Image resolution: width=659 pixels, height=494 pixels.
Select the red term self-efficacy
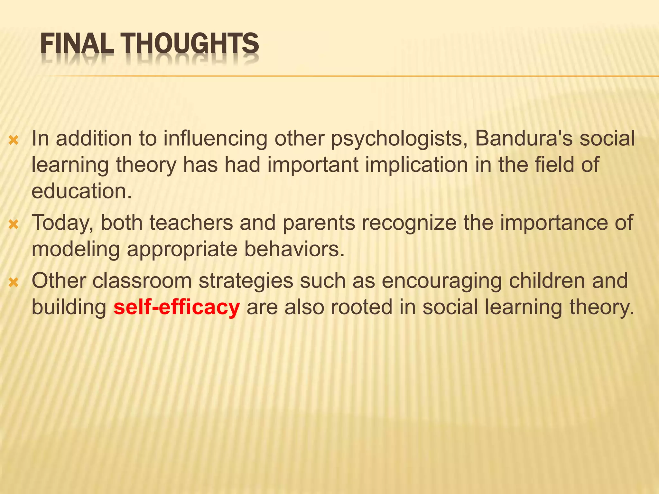pyautogui.click(x=177, y=307)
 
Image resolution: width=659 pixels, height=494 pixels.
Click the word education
pyautogui.click(x=81, y=191)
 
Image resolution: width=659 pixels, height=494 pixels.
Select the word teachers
pyautogui.click(x=191, y=223)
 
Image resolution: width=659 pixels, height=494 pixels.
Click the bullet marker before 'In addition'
pyautogui.click(x=14, y=140)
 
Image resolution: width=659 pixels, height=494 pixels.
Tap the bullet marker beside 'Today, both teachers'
pyautogui.click(x=14, y=224)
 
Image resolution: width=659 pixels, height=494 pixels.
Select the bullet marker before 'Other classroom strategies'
pyautogui.click(x=14, y=282)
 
